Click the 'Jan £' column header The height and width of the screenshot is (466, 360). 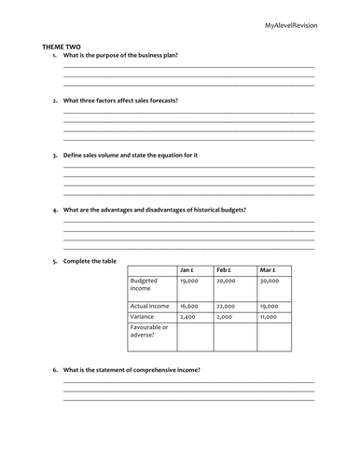[187, 269]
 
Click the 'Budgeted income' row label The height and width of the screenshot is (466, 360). [145, 284]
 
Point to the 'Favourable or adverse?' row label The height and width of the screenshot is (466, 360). [149, 332]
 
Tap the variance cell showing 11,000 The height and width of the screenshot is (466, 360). [270, 317]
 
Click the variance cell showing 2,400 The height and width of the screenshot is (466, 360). [187, 317]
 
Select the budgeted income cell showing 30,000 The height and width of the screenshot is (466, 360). [270, 281]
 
